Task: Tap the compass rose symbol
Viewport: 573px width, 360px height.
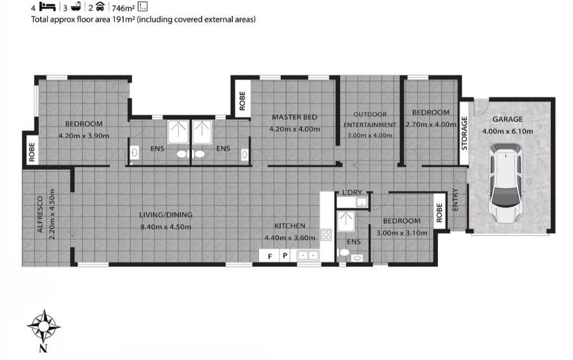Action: point(43,326)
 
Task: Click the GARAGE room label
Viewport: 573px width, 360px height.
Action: point(507,119)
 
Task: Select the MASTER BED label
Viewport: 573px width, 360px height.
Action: point(294,117)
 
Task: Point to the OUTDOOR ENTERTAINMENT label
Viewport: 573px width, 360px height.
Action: point(370,119)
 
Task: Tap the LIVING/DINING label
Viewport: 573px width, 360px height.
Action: point(166,215)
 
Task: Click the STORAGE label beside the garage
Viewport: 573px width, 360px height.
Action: point(465,133)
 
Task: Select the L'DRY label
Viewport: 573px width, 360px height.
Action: point(352,192)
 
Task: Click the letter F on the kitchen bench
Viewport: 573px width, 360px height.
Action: point(269,256)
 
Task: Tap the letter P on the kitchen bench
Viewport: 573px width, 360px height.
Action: point(285,256)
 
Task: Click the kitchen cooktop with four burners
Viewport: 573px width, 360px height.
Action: point(326,234)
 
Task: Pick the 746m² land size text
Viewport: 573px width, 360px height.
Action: point(123,8)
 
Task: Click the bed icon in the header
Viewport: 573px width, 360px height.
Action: point(47,7)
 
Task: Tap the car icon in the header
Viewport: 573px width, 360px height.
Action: point(100,8)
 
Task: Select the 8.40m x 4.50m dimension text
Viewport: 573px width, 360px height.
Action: point(166,227)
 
